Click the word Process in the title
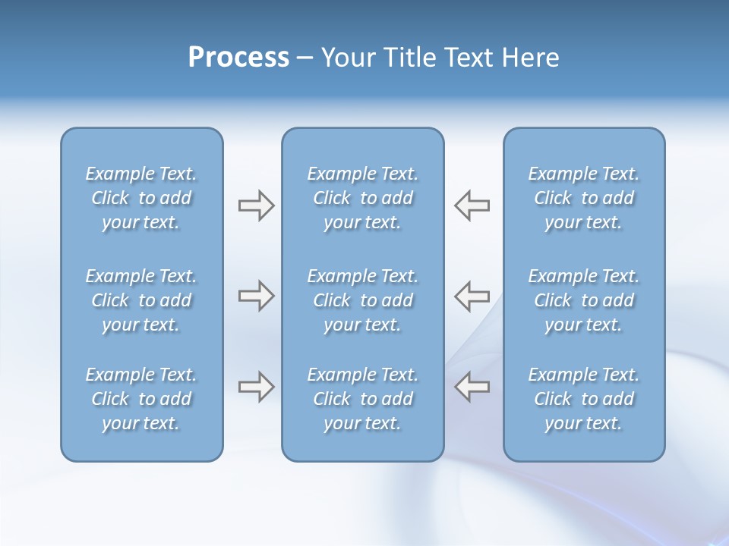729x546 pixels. click(x=238, y=58)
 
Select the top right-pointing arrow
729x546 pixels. click(x=256, y=206)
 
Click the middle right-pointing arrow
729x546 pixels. click(x=256, y=296)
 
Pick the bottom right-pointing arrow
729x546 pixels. click(x=256, y=387)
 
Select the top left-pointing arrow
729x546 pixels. click(x=472, y=206)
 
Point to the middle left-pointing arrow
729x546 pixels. click(x=472, y=296)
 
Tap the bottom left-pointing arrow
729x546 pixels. click(x=472, y=387)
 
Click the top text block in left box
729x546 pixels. click(x=141, y=198)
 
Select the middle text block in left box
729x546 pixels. click(x=141, y=300)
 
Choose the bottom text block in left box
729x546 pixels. click(x=141, y=399)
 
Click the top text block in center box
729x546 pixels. click(x=362, y=198)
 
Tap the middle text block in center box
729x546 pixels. click(x=362, y=300)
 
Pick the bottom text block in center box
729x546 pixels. click(x=362, y=399)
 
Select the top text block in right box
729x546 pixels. click(x=583, y=198)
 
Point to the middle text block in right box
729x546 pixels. click(x=583, y=300)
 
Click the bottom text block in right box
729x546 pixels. click(x=583, y=399)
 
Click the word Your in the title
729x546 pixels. click(x=346, y=58)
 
